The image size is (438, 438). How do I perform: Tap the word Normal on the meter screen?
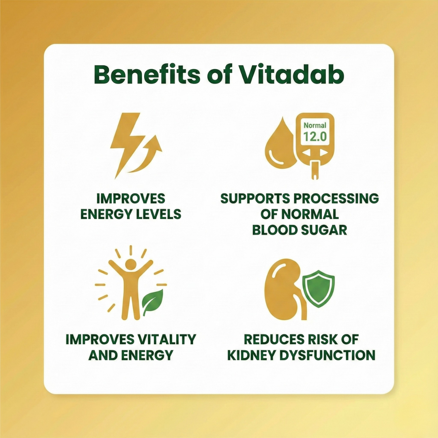315,125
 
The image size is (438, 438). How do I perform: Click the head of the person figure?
130,265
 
